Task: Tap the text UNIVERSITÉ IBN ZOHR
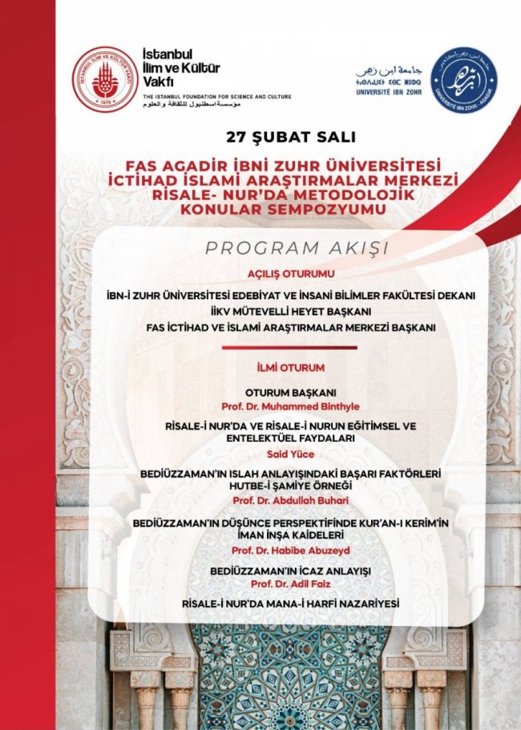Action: click(x=388, y=92)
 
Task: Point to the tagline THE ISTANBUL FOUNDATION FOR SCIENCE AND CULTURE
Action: click(x=217, y=97)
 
